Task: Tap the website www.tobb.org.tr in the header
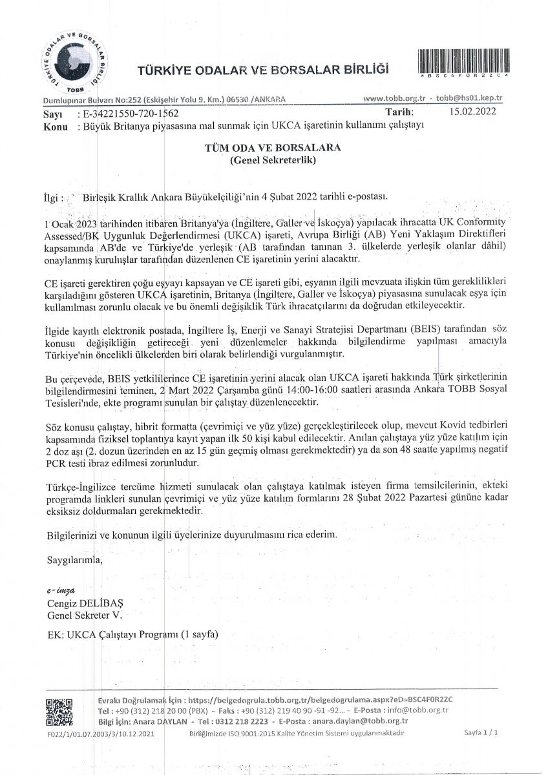click(394, 99)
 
